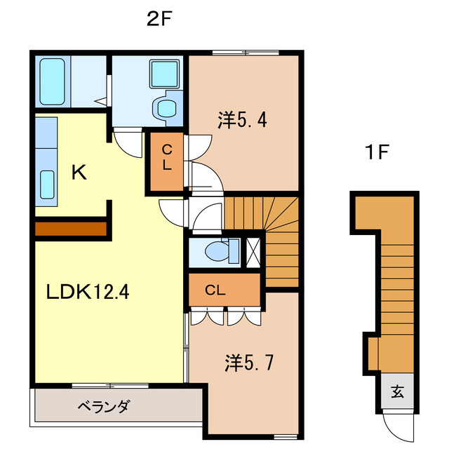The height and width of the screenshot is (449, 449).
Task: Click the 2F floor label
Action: click(159, 19)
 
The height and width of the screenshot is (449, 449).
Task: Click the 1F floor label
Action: click(375, 152)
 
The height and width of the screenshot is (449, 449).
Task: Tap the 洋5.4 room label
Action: click(242, 121)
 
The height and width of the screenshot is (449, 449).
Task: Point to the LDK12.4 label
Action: click(87, 290)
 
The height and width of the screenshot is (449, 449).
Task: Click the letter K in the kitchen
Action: click(79, 173)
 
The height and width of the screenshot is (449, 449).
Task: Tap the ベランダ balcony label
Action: click(103, 406)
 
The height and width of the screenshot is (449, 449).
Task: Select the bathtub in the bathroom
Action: click(52, 81)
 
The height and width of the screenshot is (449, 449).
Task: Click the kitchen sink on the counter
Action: click(48, 185)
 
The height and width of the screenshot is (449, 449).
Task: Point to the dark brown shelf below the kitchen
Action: click(70, 229)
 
